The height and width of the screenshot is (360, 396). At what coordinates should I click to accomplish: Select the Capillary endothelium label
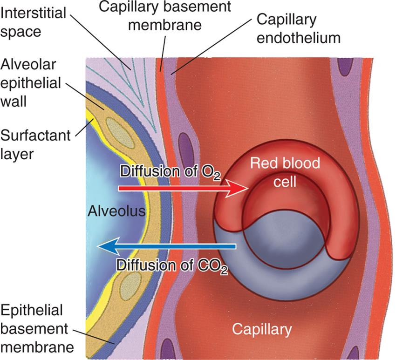[x=298, y=28]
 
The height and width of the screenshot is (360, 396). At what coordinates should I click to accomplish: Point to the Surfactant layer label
[x=35, y=143]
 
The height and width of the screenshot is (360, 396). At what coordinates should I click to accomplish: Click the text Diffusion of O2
[x=170, y=171]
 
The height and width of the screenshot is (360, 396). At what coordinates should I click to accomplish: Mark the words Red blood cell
[x=285, y=171]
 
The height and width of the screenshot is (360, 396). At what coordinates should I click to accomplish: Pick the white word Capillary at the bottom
[x=262, y=329]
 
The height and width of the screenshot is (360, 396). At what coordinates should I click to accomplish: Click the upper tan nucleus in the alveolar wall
[x=114, y=128]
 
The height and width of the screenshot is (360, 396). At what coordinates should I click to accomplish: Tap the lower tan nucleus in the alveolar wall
[x=130, y=285]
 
